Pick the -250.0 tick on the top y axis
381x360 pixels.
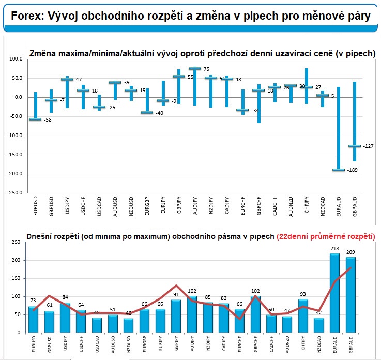[16, 192]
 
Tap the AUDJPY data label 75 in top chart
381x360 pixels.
[206, 69]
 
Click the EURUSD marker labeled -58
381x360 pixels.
[35, 119]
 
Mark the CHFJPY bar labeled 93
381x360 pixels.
[303, 316]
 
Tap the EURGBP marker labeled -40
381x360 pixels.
[147, 112]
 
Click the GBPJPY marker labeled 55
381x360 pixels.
[179, 77]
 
